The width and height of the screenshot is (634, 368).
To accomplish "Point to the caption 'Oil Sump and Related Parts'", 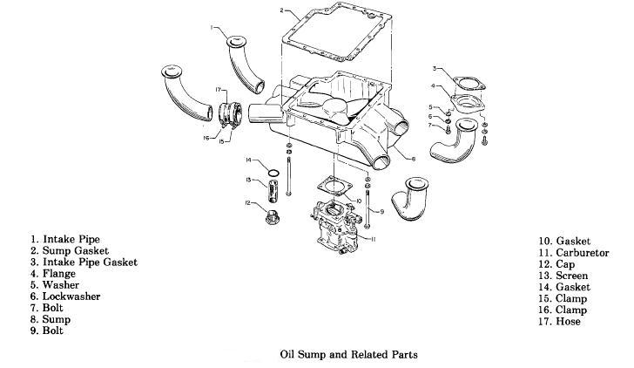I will tap(348, 355).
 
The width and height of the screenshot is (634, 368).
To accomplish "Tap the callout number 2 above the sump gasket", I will tap(282, 10).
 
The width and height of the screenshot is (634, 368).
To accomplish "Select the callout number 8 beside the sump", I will tap(412, 159).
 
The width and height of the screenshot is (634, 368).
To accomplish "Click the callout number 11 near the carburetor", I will tap(373, 238).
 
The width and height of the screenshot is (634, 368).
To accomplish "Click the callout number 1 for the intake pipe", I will tap(212, 28).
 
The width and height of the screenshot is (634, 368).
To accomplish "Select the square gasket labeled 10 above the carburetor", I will tap(334, 187).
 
